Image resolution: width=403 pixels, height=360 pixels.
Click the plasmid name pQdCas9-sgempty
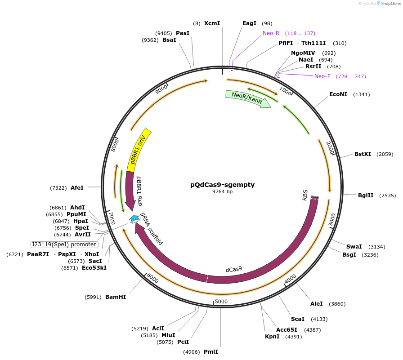[222, 185]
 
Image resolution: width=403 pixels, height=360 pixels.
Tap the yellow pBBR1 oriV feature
[139, 150]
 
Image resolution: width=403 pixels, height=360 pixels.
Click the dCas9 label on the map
[234, 269]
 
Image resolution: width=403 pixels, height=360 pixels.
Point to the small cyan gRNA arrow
[134, 218]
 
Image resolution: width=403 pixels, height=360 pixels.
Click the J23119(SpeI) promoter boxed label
[64, 244]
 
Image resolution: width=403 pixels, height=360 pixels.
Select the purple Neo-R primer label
[271, 33]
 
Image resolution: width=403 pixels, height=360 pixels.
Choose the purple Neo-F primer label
[322, 76]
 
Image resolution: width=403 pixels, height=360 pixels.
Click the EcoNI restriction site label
[338, 94]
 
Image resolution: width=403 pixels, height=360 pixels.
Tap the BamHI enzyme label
[116, 297]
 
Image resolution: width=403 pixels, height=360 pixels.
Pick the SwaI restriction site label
[354, 246]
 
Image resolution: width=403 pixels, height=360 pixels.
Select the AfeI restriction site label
[77, 187]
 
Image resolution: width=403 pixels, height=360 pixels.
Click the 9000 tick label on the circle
[161, 89]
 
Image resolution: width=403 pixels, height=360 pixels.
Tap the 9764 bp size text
[222, 192]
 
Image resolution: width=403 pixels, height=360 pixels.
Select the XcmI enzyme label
[212, 23]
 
